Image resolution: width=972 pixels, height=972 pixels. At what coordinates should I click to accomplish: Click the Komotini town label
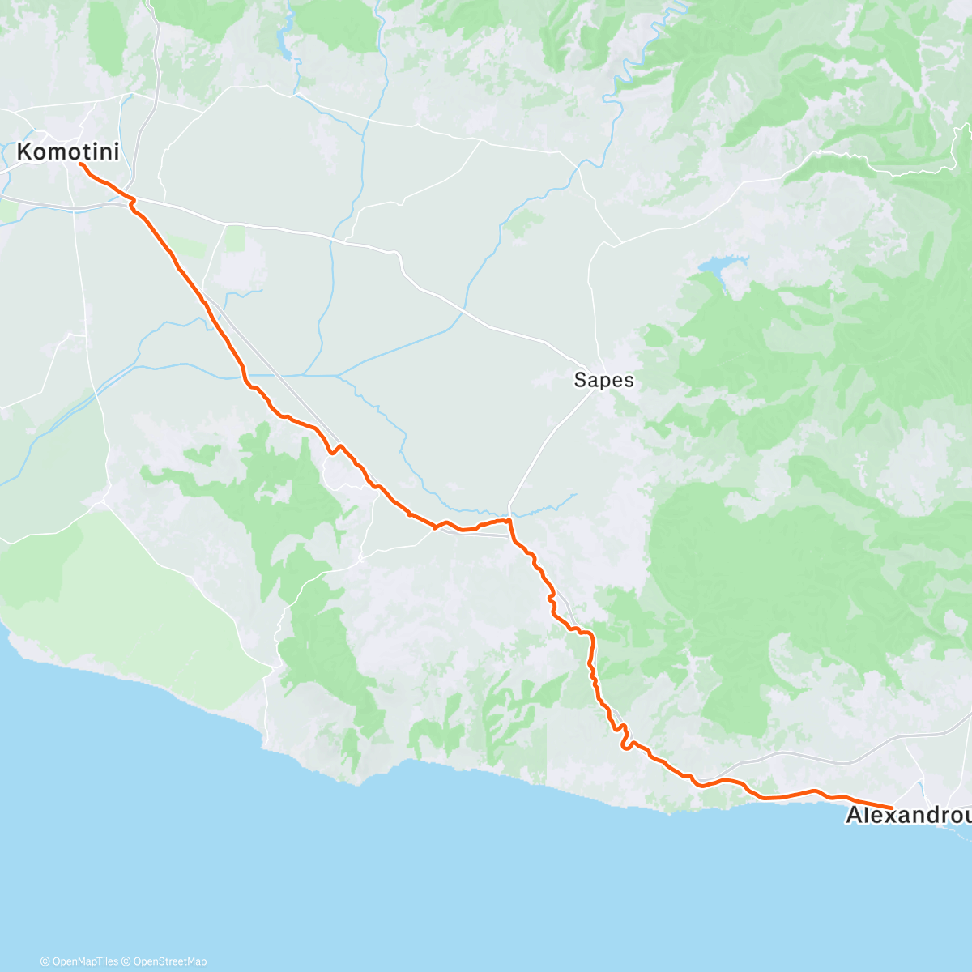68,151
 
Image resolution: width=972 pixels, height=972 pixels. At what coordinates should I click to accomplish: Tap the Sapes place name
603,379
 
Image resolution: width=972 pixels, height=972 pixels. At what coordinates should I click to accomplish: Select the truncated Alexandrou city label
908,816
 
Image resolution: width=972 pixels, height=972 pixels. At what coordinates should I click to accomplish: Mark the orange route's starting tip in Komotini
79,164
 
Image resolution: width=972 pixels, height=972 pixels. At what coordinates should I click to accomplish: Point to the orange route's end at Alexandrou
892,808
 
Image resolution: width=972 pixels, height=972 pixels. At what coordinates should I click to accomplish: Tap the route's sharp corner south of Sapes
509,521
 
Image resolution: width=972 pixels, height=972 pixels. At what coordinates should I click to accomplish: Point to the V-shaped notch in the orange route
334,450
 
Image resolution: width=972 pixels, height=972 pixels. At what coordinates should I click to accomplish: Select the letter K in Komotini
25,151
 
